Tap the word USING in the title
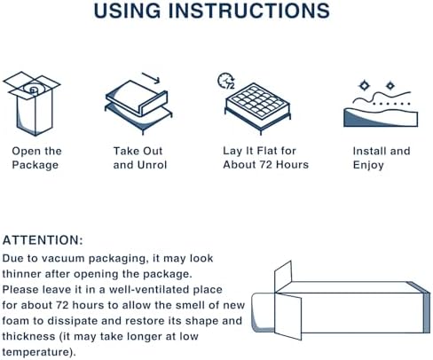point(128,11)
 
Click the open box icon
point(32,104)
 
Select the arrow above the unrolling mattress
point(151,78)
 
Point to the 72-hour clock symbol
point(226,81)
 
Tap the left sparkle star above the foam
point(364,85)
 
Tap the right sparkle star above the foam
point(390,86)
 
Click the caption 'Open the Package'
point(36,158)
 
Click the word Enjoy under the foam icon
point(368,165)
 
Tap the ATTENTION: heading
point(43,240)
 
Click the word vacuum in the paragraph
point(63,258)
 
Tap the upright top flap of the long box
point(283,277)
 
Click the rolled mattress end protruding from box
point(264,312)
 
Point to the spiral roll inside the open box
point(33,89)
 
